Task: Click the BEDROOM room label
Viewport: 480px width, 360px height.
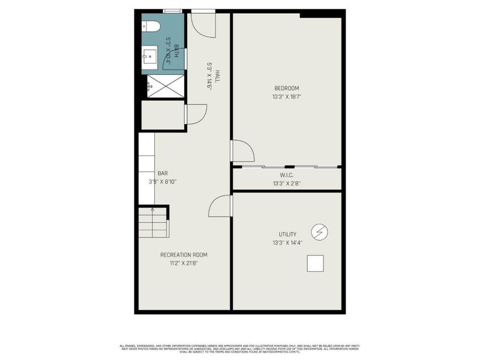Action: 286,89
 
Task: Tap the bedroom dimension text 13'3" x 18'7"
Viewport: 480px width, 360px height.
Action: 286,97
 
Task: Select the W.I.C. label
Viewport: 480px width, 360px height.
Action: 286,176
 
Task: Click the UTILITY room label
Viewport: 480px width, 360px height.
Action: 286,234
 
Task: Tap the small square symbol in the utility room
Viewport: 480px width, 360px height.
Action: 315,263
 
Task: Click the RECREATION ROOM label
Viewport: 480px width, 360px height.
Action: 184,255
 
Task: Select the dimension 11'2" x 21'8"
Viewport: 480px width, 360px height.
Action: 184,263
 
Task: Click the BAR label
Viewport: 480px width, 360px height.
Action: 163,173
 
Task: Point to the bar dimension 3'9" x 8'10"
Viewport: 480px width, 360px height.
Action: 163,181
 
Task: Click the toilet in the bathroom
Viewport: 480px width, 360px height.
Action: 151,26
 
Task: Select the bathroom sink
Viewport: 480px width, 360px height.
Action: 149,58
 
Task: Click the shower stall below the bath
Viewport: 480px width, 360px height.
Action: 165,86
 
